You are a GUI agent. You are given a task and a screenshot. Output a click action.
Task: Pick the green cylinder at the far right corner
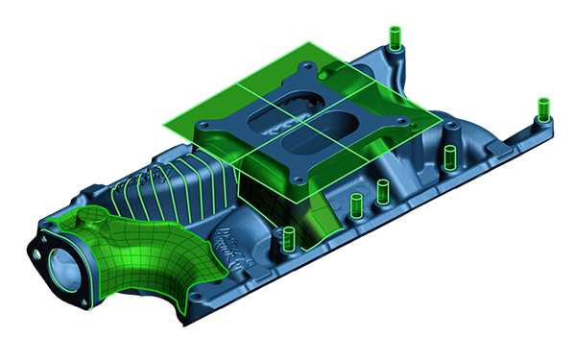(542, 108)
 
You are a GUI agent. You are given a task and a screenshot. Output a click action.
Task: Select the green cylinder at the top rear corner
(395, 39)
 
